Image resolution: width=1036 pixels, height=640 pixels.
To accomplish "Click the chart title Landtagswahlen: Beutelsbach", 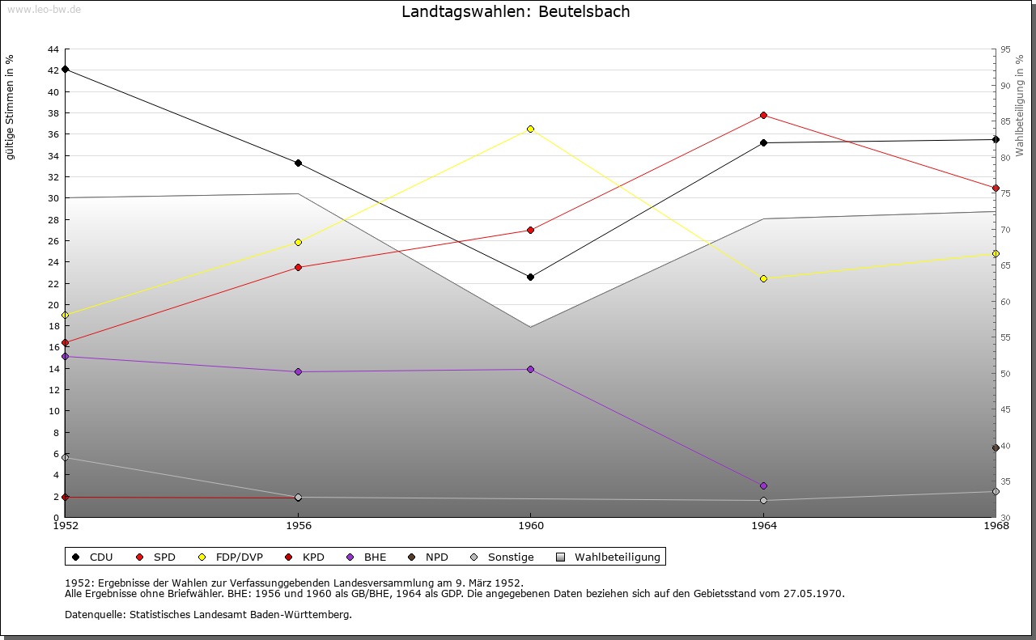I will coord(516,12).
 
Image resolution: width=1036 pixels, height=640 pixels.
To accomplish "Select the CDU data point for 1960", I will coord(531,277).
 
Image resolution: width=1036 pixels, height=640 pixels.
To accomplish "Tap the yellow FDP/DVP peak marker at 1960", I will coord(531,129).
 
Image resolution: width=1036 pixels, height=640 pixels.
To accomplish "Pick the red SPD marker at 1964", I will coord(763,115).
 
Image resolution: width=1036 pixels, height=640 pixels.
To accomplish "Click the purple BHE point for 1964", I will coord(763,485).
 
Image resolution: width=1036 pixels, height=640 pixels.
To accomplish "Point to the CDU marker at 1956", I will coord(298,163).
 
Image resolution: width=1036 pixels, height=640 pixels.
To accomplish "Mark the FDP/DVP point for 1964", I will coord(763,278).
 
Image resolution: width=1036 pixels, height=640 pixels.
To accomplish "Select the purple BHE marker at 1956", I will coord(298,371).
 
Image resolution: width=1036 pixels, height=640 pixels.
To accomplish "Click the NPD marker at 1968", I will coord(996,447).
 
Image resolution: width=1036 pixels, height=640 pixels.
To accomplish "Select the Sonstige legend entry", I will coord(502,557).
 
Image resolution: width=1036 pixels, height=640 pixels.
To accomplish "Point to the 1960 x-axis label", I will coord(531,526).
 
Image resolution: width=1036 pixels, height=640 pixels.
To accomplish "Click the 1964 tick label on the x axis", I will coord(763,526).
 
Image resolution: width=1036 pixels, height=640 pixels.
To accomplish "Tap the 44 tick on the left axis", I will coord(53,49).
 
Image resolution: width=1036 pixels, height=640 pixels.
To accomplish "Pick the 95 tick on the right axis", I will coord(1005,49).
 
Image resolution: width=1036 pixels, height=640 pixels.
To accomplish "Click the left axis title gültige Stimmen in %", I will coord(11,107).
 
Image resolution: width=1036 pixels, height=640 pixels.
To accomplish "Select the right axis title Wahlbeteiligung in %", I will coord(1020,106).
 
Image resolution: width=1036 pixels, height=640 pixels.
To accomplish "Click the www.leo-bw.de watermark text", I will coord(44,9).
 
